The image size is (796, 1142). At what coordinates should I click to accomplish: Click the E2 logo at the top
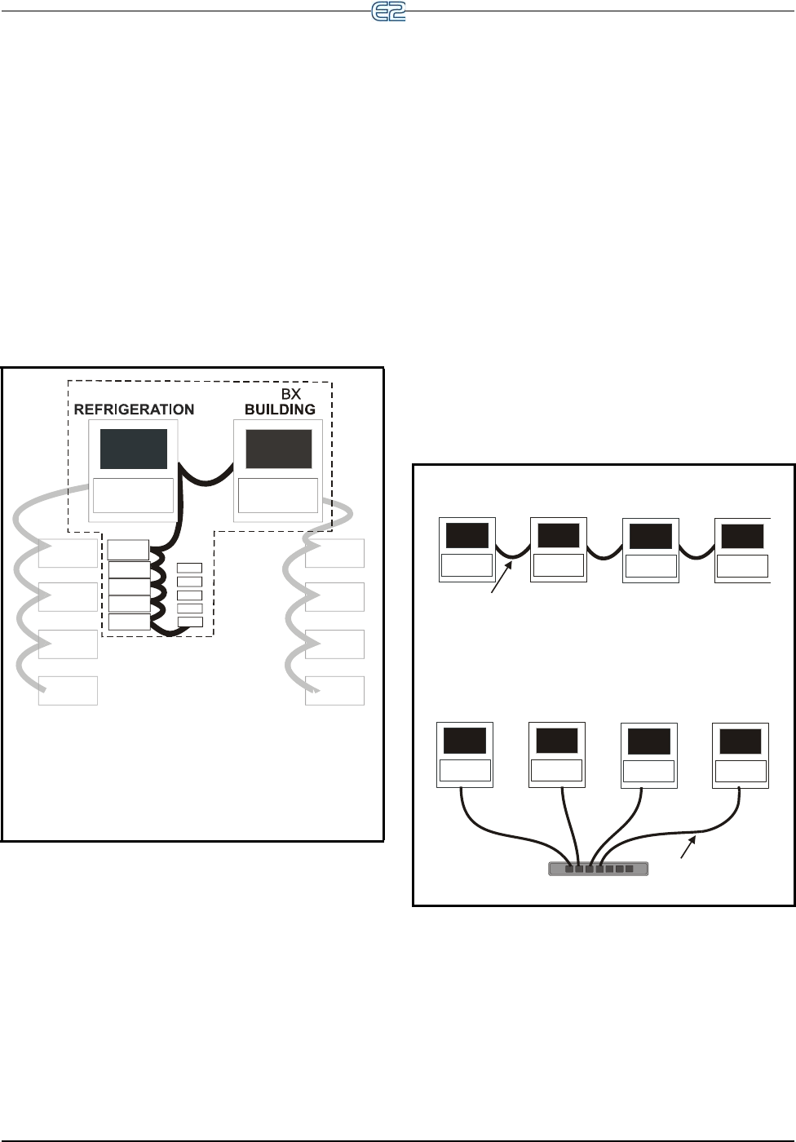(388, 12)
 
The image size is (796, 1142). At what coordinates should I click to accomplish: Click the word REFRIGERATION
(134, 409)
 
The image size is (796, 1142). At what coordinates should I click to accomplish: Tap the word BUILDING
(280, 409)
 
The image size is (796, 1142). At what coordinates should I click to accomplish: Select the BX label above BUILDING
(291, 394)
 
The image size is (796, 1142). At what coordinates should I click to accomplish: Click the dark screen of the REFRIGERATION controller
(134, 448)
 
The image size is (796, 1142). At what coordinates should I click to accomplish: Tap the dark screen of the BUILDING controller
(279, 449)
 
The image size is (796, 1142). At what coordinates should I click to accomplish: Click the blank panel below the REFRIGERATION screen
(133, 495)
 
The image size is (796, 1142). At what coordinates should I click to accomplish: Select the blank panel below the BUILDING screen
(277, 495)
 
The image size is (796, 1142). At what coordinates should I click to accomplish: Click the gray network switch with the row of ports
(599, 869)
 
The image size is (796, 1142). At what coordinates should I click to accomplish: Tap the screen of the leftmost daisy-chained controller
(467, 536)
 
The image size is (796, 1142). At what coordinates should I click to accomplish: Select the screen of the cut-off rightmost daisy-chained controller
(742, 536)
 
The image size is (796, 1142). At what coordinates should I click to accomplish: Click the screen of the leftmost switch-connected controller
(464, 741)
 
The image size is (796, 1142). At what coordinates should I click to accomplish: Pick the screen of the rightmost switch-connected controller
(740, 741)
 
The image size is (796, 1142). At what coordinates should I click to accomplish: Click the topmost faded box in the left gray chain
(68, 553)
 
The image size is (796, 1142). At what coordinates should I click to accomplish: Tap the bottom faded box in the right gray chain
(334, 690)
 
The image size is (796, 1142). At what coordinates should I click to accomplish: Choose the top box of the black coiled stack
(129, 550)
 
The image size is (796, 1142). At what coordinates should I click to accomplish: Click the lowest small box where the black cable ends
(190, 622)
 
